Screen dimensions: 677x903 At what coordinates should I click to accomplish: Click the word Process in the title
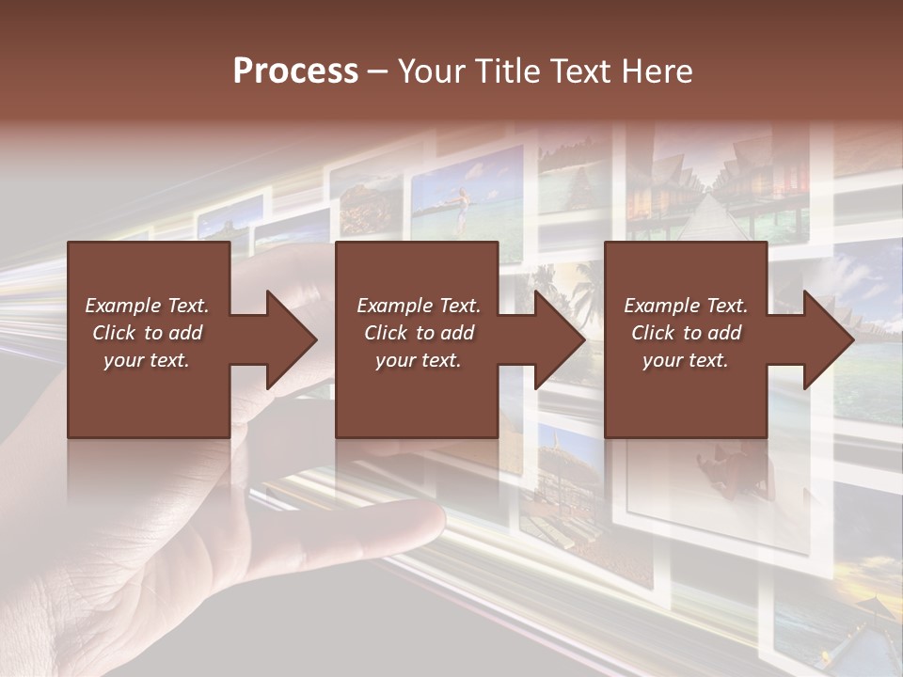[x=295, y=71]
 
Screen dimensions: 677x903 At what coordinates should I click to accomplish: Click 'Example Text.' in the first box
[x=147, y=306]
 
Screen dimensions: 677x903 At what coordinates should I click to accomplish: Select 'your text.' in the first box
[x=147, y=360]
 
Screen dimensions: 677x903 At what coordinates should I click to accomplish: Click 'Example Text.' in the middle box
[x=418, y=306]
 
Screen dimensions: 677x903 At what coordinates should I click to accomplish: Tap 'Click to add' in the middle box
[x=418, y=333]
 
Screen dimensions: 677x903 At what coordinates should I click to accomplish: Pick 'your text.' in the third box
[x=685, y=360]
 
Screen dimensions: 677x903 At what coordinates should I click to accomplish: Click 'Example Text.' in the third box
[x=685, y=306]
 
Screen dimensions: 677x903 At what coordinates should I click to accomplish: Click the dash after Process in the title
[x=377, y=72]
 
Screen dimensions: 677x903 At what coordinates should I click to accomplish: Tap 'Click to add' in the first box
[x=147, y=333]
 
